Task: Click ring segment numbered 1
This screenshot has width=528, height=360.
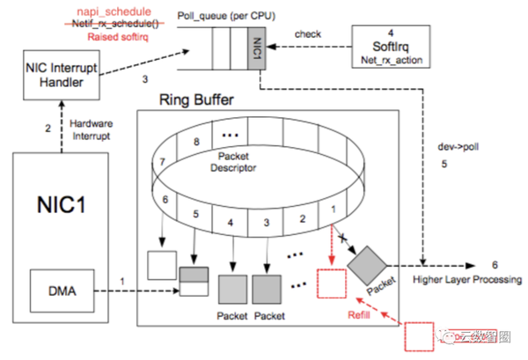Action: point(333,208)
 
